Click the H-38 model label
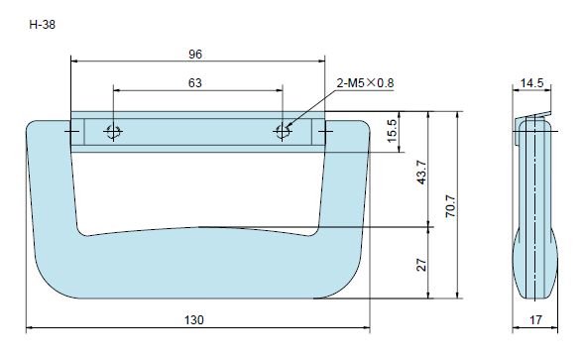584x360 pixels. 42,25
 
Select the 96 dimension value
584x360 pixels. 195,55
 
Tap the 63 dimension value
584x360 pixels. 194,82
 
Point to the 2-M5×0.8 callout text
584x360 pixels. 365,82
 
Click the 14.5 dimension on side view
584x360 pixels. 531,82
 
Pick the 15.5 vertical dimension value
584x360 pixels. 393,131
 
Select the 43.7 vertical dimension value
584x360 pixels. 421,173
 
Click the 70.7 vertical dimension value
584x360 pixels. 450,205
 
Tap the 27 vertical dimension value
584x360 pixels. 421,265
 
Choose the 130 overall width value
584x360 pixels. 194,319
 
